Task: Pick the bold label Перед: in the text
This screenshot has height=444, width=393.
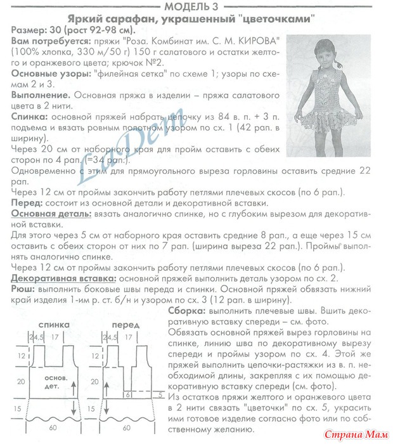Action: pos(27,202)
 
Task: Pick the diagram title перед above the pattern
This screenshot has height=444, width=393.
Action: pos(125,323)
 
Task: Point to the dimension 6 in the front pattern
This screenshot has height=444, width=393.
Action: pos(127,394)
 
